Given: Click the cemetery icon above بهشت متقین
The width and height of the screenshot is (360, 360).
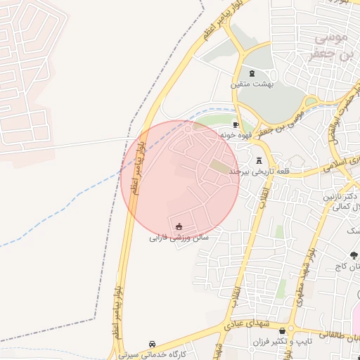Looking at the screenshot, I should [252, 73].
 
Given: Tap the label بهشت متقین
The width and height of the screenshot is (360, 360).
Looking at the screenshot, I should [252, 84].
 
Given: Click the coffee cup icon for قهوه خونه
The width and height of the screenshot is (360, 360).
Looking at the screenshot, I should [236, 124].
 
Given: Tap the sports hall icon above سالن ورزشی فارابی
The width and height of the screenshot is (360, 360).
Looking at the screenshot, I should [179, 226].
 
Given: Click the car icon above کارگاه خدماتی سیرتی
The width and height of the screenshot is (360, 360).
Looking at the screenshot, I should [153, 344].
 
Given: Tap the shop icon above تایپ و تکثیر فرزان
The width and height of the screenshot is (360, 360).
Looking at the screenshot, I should [282, 330].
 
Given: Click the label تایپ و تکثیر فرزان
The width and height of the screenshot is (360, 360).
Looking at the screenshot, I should [282, 342].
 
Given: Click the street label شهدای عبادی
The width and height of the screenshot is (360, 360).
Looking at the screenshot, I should [242, 323].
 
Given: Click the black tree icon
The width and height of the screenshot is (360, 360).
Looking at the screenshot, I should [353, 255].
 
